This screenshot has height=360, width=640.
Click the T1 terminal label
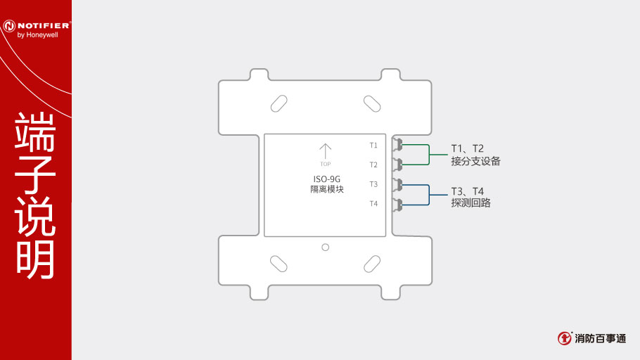coord(373,146)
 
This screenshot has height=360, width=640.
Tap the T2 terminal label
coord(373,165)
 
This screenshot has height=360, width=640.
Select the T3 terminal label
coord(373,184)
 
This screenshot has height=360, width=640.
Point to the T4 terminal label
coord(373,204)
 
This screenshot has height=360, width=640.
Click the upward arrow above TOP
coord(326,151)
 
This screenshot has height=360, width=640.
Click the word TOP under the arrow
coord(326,164)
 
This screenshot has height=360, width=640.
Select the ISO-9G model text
coord(326,179)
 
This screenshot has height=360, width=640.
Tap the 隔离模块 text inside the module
coord(327,189)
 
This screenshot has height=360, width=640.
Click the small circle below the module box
coord(326,247)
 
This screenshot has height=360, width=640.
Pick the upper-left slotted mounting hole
coord(279,103)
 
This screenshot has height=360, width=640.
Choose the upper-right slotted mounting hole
coord(372,103)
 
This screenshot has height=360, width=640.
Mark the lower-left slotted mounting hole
coord(279,264)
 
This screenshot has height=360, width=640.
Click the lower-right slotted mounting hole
coord(372,264)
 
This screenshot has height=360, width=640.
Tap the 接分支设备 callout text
coord(475,161)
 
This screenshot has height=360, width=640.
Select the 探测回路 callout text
coord(471,203)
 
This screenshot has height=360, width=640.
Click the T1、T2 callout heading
coord(468,148)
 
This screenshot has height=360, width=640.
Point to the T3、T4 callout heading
coord(468,191)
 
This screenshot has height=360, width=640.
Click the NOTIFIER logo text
coord(44,25)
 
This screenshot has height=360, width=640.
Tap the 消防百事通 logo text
coord(601,338)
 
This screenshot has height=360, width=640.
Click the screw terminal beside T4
coord(397,204)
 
